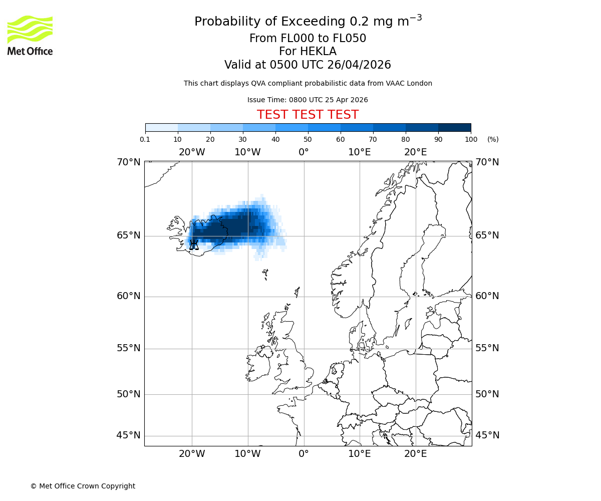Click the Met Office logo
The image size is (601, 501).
click(30, 35)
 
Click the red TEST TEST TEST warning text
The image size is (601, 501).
click(308, 115)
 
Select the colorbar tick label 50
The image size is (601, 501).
click(308, 139)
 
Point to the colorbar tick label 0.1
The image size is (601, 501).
click(145, 139)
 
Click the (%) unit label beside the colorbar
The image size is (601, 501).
click(493, 139)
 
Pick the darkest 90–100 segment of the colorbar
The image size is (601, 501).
click(454, 127)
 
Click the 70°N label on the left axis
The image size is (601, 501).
click(129, 162)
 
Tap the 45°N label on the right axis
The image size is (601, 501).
click(487, 435)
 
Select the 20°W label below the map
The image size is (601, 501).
click(192, 454)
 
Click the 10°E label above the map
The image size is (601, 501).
click(360, 152)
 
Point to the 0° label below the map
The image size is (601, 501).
click(304, 454)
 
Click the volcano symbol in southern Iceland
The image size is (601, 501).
click(194, 244)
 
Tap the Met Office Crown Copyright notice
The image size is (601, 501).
click(83, 486)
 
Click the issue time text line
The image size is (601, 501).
click(308, 100)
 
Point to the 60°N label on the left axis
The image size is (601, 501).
click(129, 296)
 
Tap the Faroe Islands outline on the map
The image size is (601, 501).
click(265, 274)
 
